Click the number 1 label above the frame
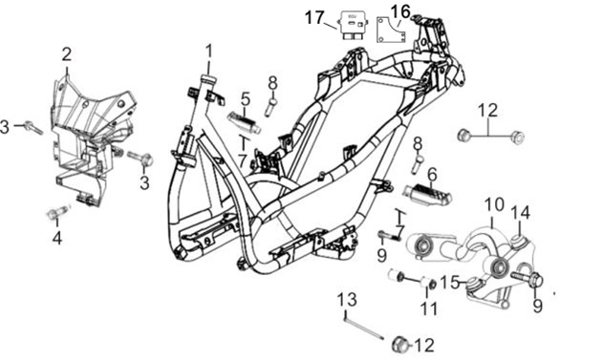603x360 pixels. (209, 54)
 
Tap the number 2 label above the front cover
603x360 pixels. (67, 54)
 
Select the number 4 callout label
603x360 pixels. (57, 239)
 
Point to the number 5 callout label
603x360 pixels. (246, 99)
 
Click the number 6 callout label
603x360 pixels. (433, 175)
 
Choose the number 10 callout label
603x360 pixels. (494, 205)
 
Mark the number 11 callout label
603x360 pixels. (428, 308)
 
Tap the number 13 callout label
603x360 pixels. (347, 300)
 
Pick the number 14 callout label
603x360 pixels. (520, 212)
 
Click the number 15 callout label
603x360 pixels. (450, 283)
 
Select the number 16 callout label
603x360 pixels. (400, 11)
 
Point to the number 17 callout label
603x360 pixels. (315, 18)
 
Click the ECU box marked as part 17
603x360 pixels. (352, 25)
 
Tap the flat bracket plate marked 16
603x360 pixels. (390, 30)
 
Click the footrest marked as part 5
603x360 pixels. (244, 122)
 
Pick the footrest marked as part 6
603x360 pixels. (427, 194)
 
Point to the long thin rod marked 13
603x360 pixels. (364, 327)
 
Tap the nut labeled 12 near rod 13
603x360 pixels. (399, 345)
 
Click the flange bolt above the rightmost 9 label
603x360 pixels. (527, 279)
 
